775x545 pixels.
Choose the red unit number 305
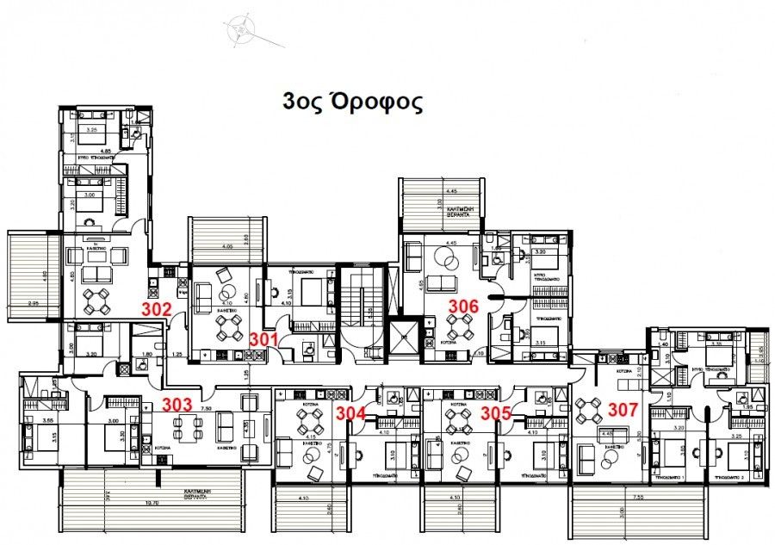(496, 412)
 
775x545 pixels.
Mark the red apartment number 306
(462, 305)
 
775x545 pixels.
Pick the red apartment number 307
(623, 410)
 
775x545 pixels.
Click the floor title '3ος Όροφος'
(352, 102)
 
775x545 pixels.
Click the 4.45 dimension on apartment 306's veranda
(449, 191)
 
